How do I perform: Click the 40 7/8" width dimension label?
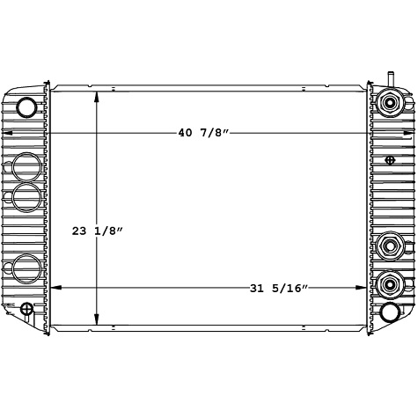(x=203, y=134)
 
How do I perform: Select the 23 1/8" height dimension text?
(x=98, y=231)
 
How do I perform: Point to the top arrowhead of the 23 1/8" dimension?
(x=98, y=92)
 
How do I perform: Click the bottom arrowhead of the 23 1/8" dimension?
(x=98, y=321)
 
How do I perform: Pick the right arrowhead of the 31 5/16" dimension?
(x=363, y=288)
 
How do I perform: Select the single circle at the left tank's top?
(x=28, y=106)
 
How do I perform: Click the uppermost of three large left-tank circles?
(x=28, y=166)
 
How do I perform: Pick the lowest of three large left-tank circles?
(x=28, y=266)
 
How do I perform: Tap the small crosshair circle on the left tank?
(x=27, y=309)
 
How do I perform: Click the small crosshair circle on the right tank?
(x=391, y=159)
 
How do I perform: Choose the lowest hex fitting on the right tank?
(x=389, y=284)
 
